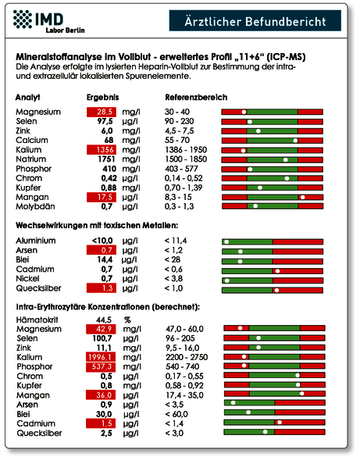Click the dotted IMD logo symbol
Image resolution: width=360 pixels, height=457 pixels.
(x=23, y=20)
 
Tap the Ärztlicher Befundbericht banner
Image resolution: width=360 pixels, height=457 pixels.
(x=255, y=20)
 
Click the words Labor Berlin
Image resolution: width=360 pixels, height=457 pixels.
(x=66, y=30)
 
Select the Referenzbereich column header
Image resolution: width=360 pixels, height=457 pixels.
(x=196, y=97)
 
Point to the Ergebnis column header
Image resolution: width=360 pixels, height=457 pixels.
(x=102, y=97)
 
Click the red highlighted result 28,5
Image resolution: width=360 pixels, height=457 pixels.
(x=102, y=112)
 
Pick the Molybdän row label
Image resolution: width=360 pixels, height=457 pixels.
(x=35, y=206)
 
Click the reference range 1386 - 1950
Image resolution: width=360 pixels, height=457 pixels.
(x=186, y=150)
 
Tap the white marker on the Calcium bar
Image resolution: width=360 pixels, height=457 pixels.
(x=295, y=141)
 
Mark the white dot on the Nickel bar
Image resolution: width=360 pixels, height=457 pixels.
(x=227, y=280)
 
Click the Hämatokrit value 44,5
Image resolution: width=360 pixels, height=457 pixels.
(x=104, y=320)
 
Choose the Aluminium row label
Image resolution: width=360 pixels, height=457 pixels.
(x=36, y=241)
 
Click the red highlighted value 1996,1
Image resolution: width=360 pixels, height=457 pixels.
(x=101, y=357)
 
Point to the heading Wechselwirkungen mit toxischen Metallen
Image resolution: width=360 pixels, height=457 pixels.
(x=97, y=225)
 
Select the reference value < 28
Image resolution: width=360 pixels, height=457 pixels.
(x=173, y=259)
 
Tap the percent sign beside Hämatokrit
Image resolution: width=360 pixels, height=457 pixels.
(x=127, y=320)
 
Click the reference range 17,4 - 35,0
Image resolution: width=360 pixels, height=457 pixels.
(x=184, y=395)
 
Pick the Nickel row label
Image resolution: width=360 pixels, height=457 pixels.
(x=27, y=279)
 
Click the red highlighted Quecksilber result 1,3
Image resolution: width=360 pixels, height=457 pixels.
(x=102, y=288)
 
